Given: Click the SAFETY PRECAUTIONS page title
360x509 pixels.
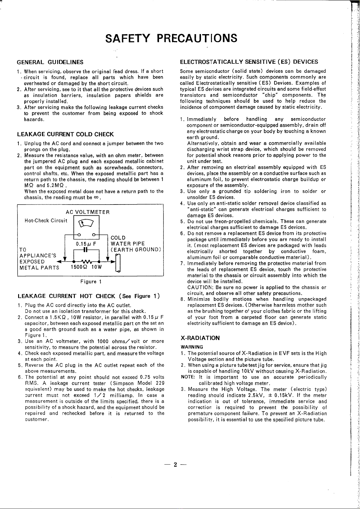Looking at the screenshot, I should [x=171, y=38].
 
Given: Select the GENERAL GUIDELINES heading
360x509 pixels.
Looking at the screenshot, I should [x=50, y=62].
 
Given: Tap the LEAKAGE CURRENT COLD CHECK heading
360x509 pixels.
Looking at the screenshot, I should [x=65, y=134].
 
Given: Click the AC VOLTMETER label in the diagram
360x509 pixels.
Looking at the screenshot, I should [x=88, y=212].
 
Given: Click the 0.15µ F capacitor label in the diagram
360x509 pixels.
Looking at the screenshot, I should [x=86, y=244].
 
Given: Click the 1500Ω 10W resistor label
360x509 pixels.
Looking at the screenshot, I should [x=86, y=267].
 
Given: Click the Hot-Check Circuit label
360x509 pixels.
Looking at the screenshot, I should [x=46, y=221].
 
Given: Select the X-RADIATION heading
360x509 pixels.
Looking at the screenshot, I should [x=199, y=338].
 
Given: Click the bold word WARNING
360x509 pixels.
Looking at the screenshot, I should [x=192, y=347].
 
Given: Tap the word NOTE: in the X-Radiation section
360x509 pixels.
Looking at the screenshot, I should [x=187, y=377].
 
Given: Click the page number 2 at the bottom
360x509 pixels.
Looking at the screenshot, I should [x=175, y=465].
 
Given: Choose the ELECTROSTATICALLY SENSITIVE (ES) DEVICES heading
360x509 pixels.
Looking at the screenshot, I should [x=249, y=62].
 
